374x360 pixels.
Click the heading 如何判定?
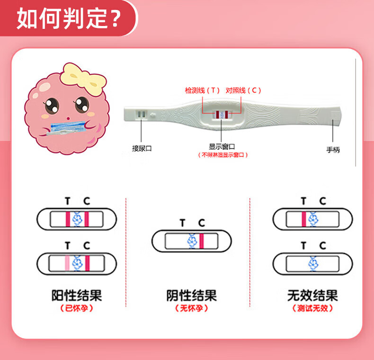(x=69, y=18)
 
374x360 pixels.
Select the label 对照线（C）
(x=243, y=90)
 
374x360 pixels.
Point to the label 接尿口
(x=142, y=148)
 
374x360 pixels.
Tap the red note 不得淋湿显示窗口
(x=222, y=155)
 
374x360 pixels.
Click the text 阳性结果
(x=77, y=296)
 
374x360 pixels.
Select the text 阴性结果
(x=191, y=296)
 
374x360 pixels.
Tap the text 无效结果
(x=312, y=296)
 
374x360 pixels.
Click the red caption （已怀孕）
(x=77, y=308)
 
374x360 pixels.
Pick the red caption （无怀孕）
(x=191, y=308)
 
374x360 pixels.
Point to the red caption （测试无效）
(x=312, y=308)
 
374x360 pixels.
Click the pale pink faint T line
(x=67, y=262)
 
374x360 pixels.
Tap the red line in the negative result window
(x=202, y=241)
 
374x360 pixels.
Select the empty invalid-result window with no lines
(x=312, y=262)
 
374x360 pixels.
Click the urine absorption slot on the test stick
(x=142, y=114)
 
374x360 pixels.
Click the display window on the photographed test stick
(x=222, y=114)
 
